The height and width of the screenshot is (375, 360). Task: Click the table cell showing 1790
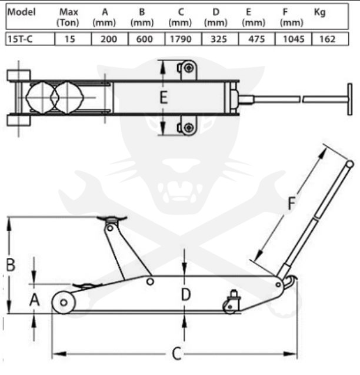coord(181,39)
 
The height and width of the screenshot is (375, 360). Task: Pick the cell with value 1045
coord(294,39)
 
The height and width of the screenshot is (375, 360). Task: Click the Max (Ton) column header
coord(68,17)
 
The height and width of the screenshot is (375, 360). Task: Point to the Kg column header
coord(320,12)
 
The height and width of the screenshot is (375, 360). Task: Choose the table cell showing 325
coord(219,39)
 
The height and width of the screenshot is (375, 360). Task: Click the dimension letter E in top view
coord(164,97)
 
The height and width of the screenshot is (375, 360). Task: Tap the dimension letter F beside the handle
coord(292,203)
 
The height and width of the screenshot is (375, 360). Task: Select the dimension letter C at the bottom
coord(176,354)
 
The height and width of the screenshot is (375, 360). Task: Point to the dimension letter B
coord(11,265)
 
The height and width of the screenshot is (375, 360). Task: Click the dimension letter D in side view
coord(186,294)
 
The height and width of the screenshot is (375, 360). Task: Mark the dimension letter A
coord(35,300)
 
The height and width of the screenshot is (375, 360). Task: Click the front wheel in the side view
coord(64,303)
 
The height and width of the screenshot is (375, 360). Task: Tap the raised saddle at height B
coord(112,218)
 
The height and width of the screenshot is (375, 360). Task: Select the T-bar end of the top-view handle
coord(350,99)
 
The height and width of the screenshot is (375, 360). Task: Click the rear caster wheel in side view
coord(230,307)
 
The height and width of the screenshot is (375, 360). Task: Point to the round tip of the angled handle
coord(350,164)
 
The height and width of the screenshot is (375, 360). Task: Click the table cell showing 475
coord(256,39)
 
